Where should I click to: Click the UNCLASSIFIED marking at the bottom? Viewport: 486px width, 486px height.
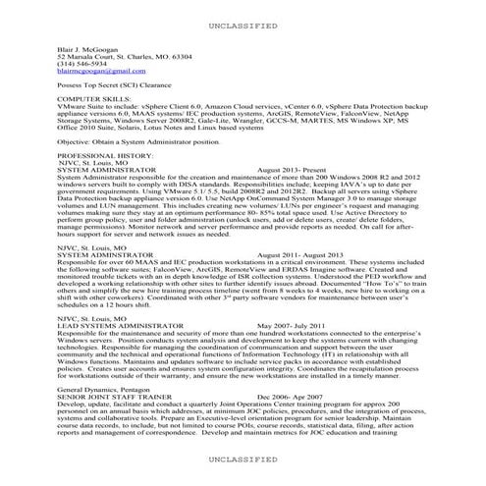pyautogui.click(x=243, y=459)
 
